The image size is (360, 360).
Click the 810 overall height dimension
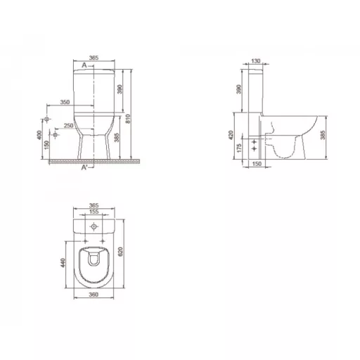[x=128, y=119]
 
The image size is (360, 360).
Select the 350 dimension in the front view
[x=65, y=102]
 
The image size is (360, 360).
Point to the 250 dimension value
[x=69, y=126]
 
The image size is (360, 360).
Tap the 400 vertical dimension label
[x=39, y=135]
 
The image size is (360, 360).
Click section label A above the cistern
[x=84, y=65]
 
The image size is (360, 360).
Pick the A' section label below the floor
[x=84, y=167]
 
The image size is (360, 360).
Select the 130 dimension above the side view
[x=256, y=61]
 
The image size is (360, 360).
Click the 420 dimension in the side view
[x=231, y=135]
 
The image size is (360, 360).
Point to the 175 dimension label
[x=239, y=148]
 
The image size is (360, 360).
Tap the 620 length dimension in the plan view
[x=120, y=252]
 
